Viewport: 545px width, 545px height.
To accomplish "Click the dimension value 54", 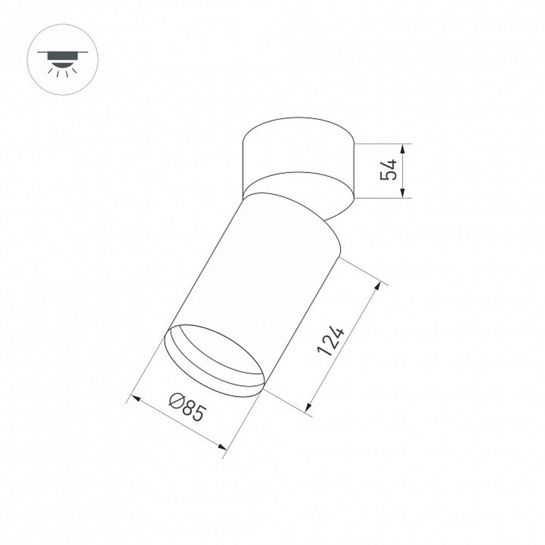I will point(389,170).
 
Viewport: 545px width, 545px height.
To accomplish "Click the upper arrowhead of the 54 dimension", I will point(402,148).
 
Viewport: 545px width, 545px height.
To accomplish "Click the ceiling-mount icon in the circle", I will point(63,59).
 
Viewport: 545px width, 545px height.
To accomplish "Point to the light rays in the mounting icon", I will point(63,71).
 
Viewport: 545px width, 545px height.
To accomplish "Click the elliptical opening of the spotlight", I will point(214,360).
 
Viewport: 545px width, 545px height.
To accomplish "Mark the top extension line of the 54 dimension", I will point(381,144).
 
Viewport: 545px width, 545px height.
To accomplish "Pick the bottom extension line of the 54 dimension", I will point(381,198).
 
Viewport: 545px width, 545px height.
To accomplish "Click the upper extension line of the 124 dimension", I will point(362,271).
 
